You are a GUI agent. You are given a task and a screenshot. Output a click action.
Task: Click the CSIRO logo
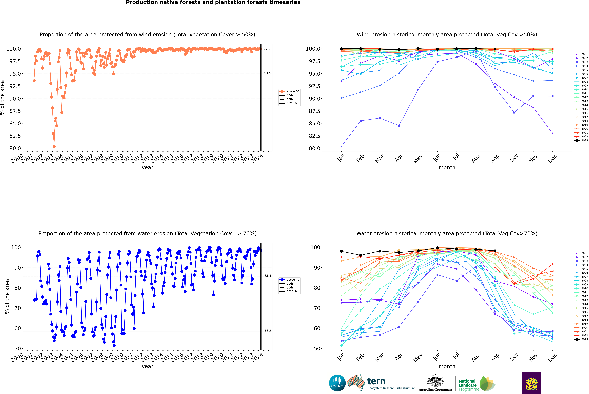coord(337,383)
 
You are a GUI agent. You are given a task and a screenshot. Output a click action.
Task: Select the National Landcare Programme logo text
coord(467,385)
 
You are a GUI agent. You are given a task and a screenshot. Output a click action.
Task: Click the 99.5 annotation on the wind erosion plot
coord(268,50)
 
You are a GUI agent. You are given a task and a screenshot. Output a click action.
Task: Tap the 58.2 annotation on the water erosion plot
coord(268,331)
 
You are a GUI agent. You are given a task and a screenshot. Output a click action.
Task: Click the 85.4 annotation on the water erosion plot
coord(268,276)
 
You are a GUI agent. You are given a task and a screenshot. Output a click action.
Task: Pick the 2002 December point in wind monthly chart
coord(552,133)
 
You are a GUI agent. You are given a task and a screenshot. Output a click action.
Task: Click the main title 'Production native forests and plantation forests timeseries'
coord(213,2)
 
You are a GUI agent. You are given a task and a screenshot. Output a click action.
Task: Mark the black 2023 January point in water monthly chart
coord(341,251)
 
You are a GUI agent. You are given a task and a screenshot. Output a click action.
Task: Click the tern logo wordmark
coord(376,381)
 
